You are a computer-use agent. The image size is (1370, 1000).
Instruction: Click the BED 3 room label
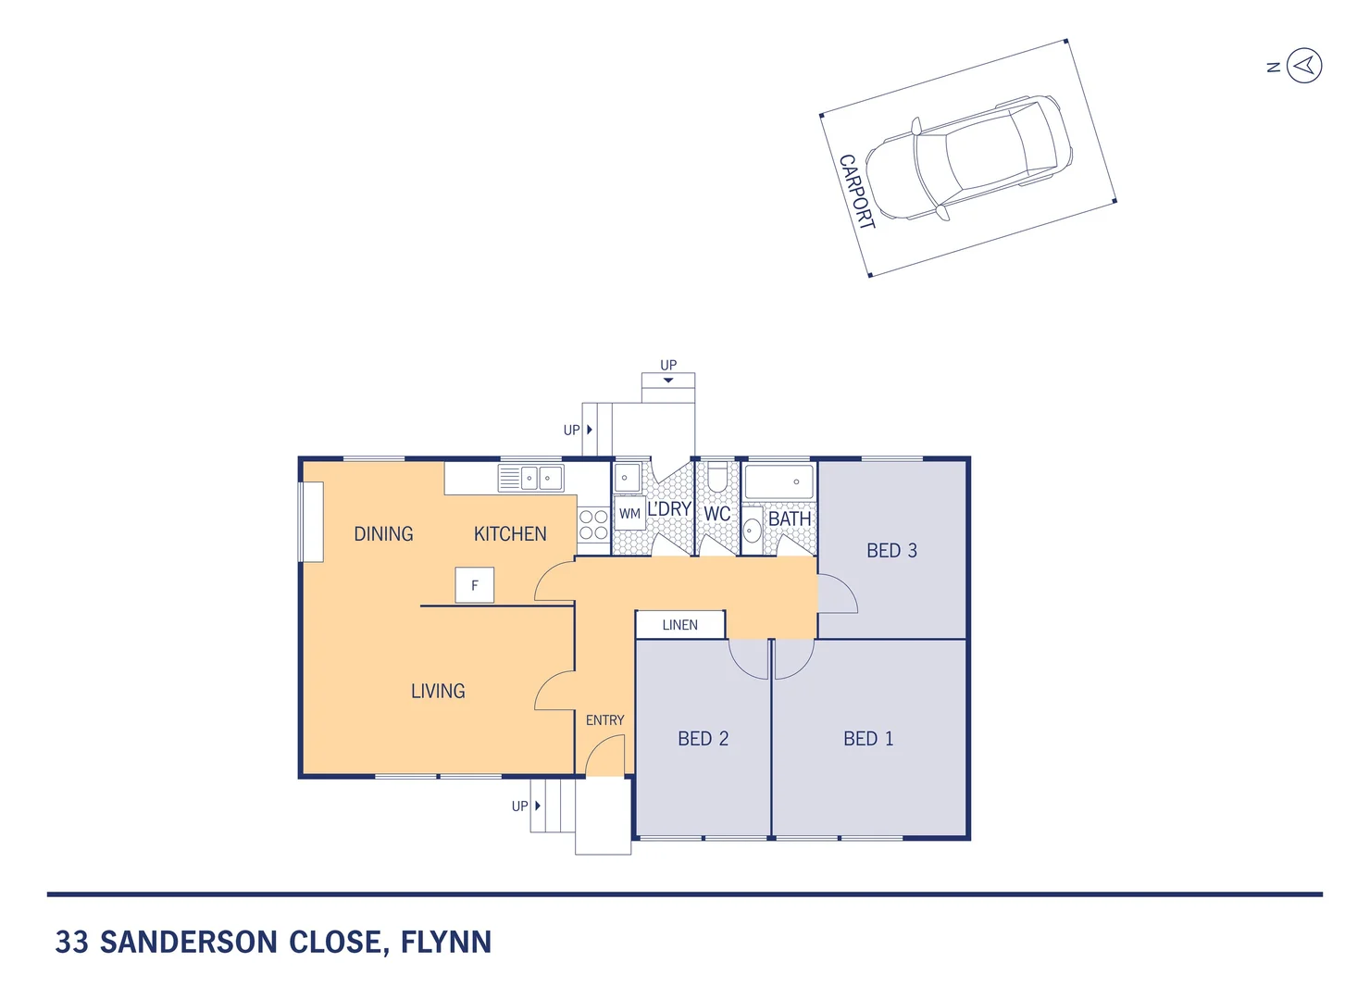click(891, 551)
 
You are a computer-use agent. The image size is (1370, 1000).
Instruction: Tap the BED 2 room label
click(703, 739)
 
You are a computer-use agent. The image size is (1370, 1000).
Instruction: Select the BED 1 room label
click(868, 739)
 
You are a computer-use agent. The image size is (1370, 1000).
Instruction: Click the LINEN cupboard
click(680, 625)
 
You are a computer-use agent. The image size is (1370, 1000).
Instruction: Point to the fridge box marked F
click(475, 585)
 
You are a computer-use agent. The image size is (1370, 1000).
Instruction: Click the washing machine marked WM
click(629, 514)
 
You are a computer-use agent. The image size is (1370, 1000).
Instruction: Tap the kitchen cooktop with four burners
click(593, 525)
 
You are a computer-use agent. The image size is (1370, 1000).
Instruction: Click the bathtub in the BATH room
click(778, 481)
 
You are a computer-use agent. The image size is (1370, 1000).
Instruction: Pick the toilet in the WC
click(717, 477)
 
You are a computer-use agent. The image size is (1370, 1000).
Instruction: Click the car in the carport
click(968, 157)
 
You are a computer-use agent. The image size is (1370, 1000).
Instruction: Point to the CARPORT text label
click(856, 192)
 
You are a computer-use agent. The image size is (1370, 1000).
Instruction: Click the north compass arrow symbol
click(1304, 66)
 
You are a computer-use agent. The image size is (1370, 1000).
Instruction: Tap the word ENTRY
click(604, 720)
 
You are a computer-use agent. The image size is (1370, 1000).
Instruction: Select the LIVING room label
click(438, 692)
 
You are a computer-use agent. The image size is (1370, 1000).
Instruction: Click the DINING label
click(383, 534)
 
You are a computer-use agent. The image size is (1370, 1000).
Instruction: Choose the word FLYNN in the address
click(445, 943)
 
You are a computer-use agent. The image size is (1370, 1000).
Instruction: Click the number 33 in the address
click(72, 943)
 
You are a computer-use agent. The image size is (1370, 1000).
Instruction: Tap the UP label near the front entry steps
click(520, 806)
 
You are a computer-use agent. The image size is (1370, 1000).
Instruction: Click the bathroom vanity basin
click(753, 530)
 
